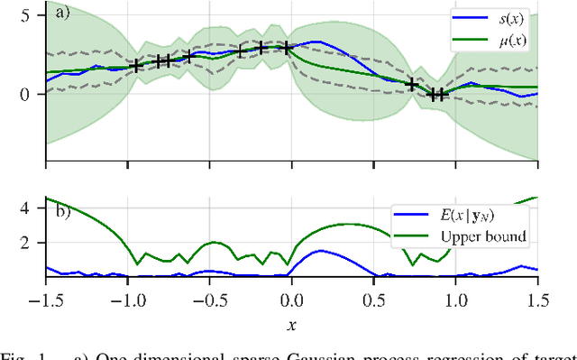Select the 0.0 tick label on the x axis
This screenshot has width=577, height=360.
[291, 297]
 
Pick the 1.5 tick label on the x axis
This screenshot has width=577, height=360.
[537, 297]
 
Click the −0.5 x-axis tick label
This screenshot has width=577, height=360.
[209, 297]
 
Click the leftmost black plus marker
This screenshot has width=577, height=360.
[137, 66]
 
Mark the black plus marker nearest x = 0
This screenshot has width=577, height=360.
[287, 48]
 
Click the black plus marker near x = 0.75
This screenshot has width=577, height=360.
[412, 84]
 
